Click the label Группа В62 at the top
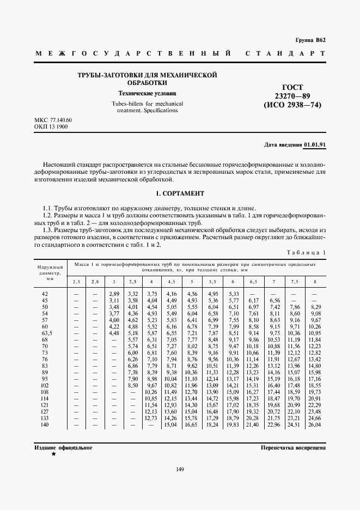[x=310, y=40]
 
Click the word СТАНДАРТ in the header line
[x=286, y=53]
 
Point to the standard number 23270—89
[x=292, y=96]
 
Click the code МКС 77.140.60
[x=53, y=120]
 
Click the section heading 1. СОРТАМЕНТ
[x=180, y=193]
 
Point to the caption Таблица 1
[x=306, y=253]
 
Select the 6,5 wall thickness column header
[x=253, y=281]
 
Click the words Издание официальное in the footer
[x=63, y=447]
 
